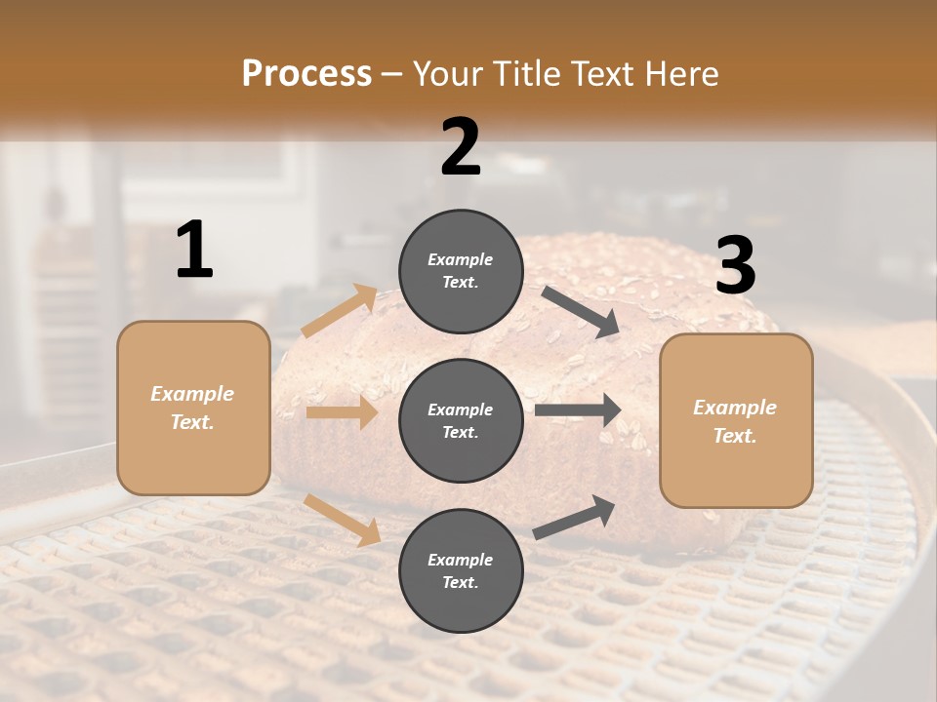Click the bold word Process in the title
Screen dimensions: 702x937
click(306, 73)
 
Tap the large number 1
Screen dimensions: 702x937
click(194, 251)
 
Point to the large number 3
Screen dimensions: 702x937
click(735, 266)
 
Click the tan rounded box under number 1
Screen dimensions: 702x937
click(193, 408)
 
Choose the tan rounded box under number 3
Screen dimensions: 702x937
click(736, 421)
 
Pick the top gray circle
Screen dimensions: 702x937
click(461, 271)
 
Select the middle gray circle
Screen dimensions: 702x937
click(461, 420)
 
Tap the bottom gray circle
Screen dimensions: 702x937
click(461, 570)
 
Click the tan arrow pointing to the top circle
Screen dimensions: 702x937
click(340, 311)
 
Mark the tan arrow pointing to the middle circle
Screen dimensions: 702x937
click(342, 412)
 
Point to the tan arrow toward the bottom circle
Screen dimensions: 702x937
click(343, 520)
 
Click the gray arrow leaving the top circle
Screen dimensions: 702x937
click(581, 312)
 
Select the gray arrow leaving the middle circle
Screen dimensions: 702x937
click(578, 410)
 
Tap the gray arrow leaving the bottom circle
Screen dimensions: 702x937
click(574, 517)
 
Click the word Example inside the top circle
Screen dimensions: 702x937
click(460, 259)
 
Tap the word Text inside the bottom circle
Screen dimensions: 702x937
click(459, 582)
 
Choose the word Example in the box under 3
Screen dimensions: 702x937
click(735, 408)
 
